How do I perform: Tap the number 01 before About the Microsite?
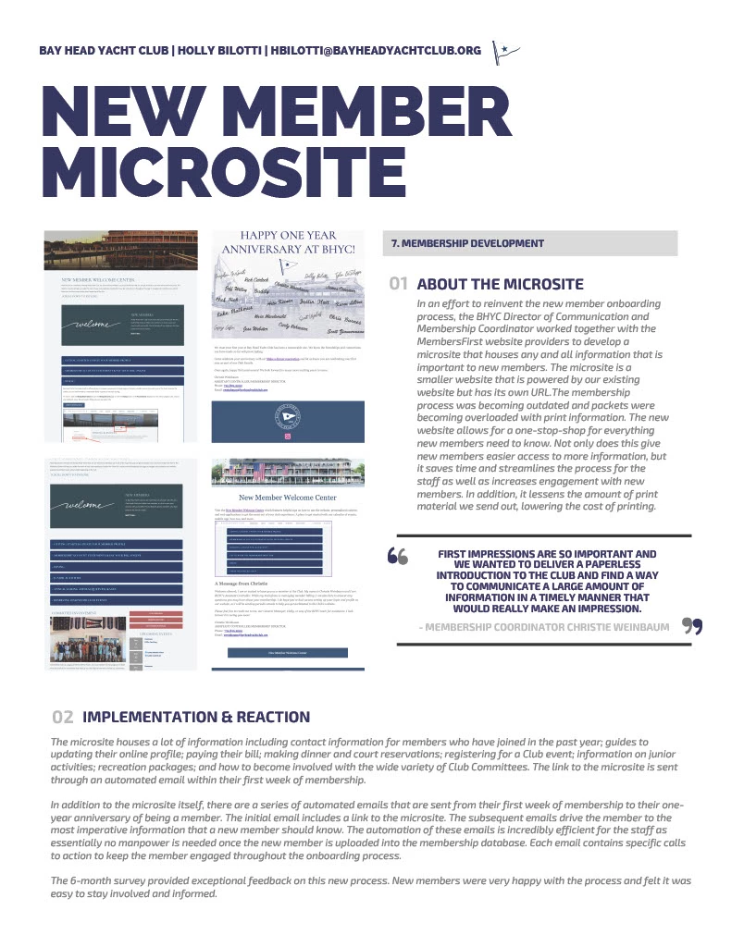pos(399,284)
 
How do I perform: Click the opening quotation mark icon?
pos(399,556)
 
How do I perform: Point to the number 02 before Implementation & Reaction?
pos(63,717)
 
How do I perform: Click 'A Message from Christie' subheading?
pos(248,584)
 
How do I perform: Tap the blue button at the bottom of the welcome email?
pos(287,652)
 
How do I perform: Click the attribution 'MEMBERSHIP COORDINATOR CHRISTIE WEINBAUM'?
pos(550,627)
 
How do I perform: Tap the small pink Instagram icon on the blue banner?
pos(287,435)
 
